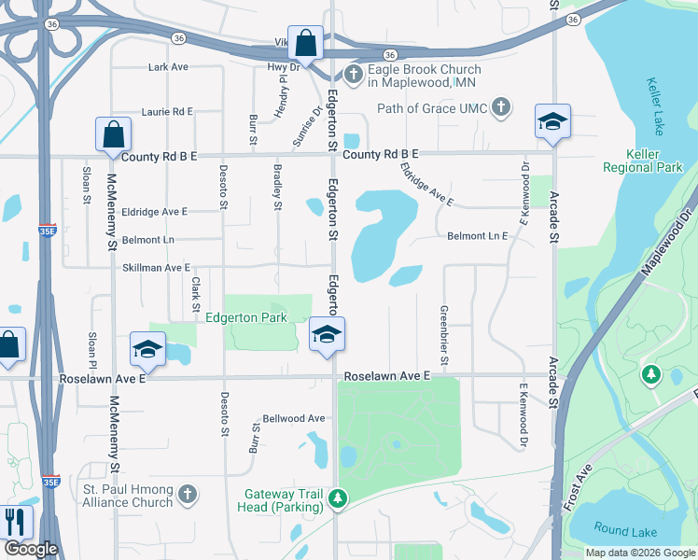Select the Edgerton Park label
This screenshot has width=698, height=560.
(x=246, y=317)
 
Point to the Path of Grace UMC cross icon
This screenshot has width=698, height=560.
(x=500, y=107)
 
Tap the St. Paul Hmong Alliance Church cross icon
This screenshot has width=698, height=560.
(x=188, y=494)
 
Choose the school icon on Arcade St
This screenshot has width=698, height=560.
(x=552, y=120)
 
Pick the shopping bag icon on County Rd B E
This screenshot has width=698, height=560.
(x=113, y=134)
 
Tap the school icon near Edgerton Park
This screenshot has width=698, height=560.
(x=327, y=334)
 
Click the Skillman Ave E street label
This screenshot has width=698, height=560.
(x=157, y=268)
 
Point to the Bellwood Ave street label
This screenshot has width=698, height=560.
(x=294, y=418)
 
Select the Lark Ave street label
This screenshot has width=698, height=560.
(x=169, y=67)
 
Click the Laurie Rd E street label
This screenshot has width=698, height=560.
(x=167, y=111)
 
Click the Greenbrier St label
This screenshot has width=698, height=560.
(x=444, y=333)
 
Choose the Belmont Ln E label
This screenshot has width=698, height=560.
(x=477, y=237)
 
